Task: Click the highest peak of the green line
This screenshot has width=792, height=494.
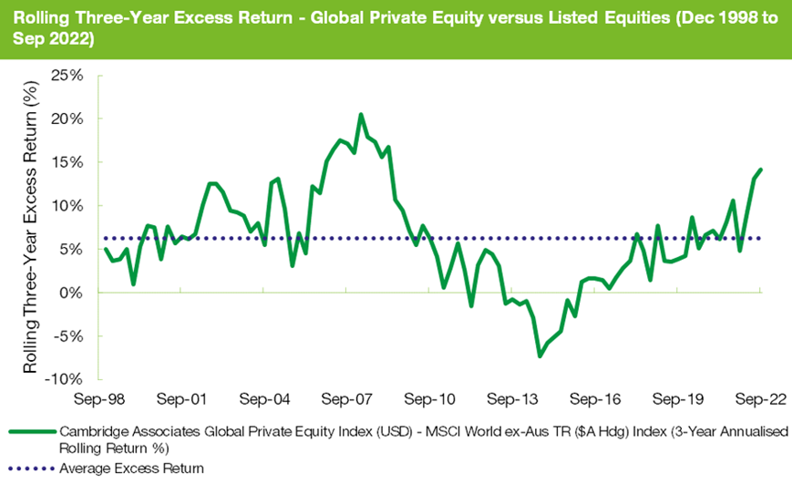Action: [x=361, y=115]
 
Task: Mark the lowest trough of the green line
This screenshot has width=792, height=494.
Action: [x=540, y=355]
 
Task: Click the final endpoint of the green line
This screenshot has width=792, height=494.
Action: [x=761, y=170]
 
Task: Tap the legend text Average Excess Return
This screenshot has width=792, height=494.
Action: [x=131, y=468]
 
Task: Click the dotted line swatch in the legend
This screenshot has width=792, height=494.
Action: [x=30, y=468]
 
